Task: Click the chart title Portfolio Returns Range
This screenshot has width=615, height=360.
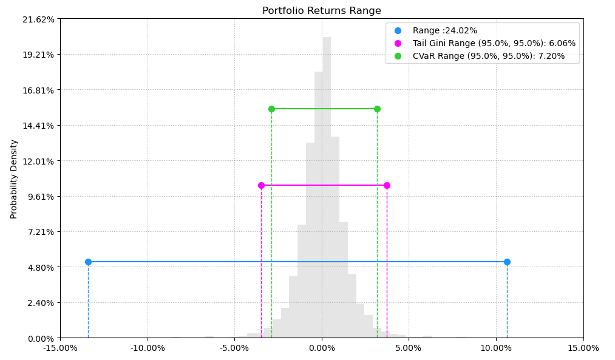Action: [322, 11]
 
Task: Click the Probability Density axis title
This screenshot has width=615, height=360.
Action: [14, 178]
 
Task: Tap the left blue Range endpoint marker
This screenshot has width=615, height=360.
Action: [88, 262]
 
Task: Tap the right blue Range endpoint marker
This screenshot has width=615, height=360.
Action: [507, 262]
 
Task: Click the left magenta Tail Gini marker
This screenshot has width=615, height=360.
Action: [261, 185]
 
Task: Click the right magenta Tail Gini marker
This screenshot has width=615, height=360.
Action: [387, 185]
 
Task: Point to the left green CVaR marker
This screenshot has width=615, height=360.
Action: [271, 109]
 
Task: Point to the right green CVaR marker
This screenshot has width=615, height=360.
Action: [377, 109]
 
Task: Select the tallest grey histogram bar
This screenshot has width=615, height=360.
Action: [327, 182]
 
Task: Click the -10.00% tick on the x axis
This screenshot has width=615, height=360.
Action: [148, 348]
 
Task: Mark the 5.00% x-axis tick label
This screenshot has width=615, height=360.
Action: [409, 348]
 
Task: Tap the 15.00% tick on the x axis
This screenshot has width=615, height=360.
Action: [583, 348]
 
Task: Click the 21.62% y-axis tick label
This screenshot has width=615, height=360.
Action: [38, 19]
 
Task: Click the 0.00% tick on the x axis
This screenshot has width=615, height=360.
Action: [322, 348]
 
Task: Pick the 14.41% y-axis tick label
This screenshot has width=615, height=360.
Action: [38, 125]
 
